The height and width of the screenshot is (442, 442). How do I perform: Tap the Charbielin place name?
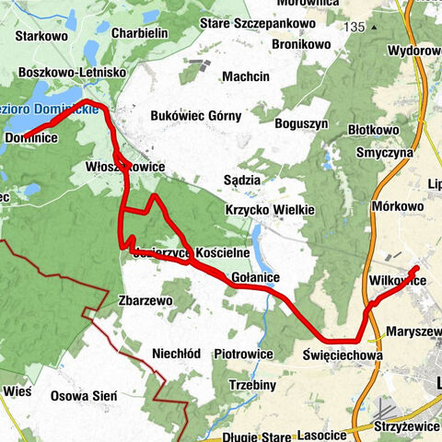coord(138,32)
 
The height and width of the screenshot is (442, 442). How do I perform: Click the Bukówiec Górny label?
coord(196,116)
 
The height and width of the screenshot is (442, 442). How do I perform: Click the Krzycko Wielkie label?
coord(270,210)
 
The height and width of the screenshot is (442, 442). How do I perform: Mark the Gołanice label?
coord(254,276)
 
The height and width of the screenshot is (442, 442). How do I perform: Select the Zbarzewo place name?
coord(146,300)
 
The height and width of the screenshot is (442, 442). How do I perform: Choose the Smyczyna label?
coord(377,154)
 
